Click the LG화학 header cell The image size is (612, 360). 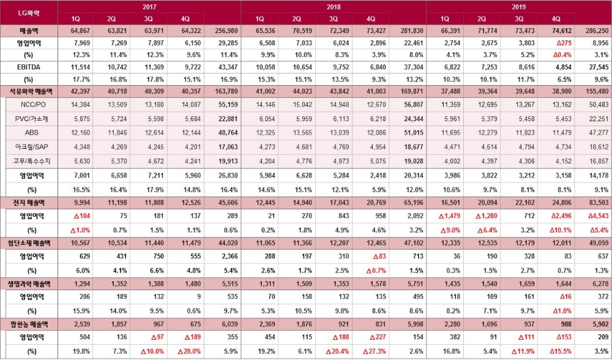29,13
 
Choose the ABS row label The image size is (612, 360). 31,133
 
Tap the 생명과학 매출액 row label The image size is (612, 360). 29,285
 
